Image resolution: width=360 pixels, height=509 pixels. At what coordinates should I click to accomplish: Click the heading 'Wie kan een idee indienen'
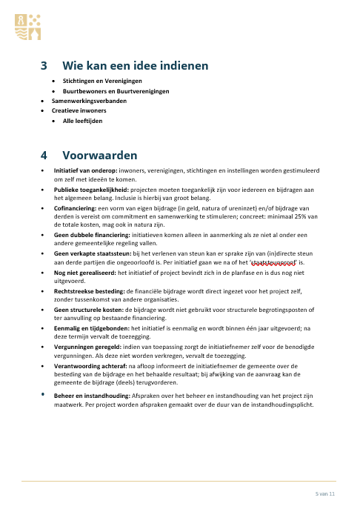pyautogui.click(x=136, y=66)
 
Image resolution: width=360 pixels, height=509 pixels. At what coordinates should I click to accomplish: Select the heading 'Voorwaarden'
pyautogui.click(x=100, y=156)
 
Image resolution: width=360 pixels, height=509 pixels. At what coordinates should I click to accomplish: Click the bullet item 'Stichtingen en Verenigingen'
pyautogui.click(x=101, y=80)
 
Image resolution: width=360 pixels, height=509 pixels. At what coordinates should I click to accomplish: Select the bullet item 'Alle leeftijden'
pyautogui.click(x=82, y=119)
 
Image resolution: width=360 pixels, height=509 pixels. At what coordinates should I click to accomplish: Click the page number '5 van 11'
pyautogui.click(x=325, y=493)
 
